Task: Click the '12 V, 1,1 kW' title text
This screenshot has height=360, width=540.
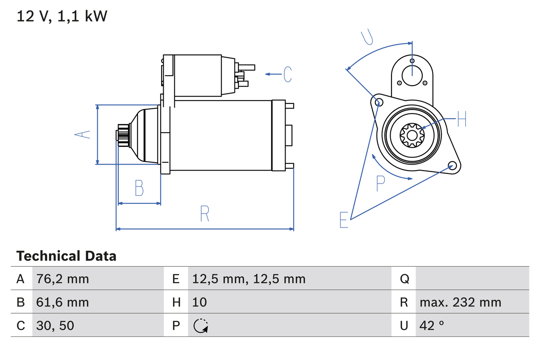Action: click(x=62, y=16)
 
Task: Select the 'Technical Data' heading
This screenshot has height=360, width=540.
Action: click(x=66, y=256)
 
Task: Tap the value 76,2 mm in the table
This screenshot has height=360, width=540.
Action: click(x=63, y=279)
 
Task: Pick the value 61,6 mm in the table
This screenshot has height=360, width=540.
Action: click(x=63, y=302)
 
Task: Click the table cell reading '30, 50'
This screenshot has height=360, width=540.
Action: click(x=55, y=325)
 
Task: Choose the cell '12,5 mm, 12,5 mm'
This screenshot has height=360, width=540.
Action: click(x=248, y=279)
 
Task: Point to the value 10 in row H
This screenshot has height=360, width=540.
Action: click(x=200, y=302)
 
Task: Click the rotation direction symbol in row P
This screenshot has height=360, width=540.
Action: click(x=201, y=326)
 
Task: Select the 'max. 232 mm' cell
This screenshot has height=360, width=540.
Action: click(x=460, y=302)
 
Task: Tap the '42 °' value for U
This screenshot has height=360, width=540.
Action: click(x=432, y=325)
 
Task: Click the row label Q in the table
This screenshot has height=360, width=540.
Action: click(x=404, y=279)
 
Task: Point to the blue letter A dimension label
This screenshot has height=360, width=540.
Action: click(x=83, y=135)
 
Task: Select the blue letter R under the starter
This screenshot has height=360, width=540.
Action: click(x=205, y=214)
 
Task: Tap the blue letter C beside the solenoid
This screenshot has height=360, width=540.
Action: click(x=288, y=74)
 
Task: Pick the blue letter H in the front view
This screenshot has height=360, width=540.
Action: click(x=462, y=119)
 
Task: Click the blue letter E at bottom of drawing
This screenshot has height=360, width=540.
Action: click(x=344, y=220)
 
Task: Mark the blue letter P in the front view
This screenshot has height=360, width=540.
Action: click(x=381, y=184)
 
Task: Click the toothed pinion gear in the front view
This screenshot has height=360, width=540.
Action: click(x=411, y=135)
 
